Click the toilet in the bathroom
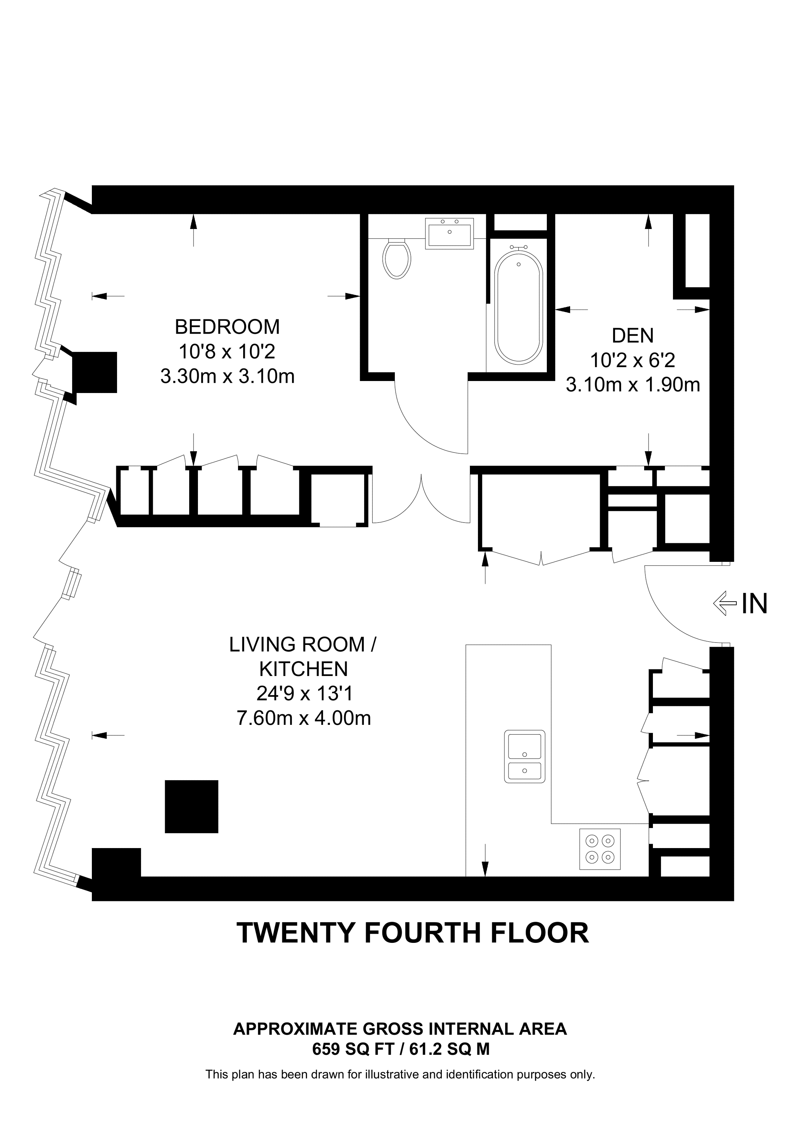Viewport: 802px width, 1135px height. pyautogui.click(x=397, y=259)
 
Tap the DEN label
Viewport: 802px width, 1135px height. pyautogui.click(x=632, y=336)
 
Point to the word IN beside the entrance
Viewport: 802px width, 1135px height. pyautogui.click(x=755, y=603)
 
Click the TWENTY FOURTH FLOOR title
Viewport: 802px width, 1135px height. pyautogui.click(x=413, y=933)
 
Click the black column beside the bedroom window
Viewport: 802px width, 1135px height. pyautogui.click(x=94, y=372)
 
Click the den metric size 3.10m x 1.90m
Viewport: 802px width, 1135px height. pyautogui.click(x=632, y=385)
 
